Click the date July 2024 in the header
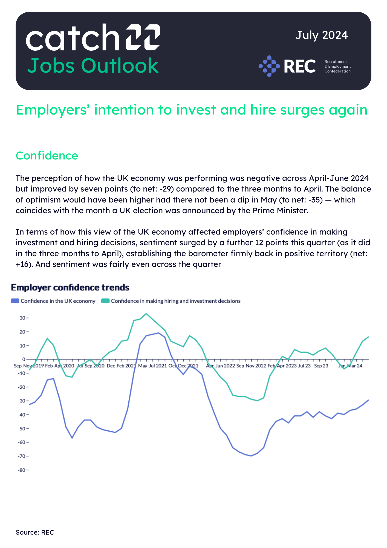(321, 35)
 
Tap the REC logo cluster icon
(269, 66)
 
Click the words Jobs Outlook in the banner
(93, 66)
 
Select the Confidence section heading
(47, 156)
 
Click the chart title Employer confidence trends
(70, 287)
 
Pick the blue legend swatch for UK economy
(15, 301)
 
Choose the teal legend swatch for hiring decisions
(105, 301)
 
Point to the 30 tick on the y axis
(22, 318)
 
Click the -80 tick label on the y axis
(22, 470)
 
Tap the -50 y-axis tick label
(22, 429)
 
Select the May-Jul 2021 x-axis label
(152, 366)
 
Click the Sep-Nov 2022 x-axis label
(251, 366)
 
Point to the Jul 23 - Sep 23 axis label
(313, 366)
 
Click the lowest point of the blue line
(251, 456)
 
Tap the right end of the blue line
(368, 400)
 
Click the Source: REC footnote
(35, 532)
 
